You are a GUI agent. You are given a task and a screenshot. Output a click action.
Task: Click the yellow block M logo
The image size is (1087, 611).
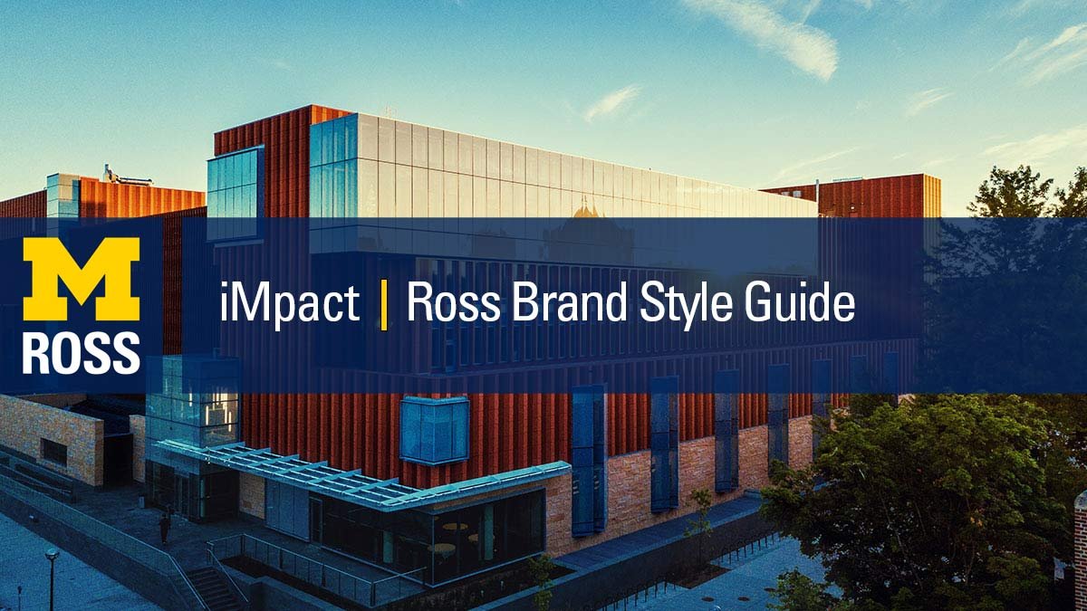[82, 279]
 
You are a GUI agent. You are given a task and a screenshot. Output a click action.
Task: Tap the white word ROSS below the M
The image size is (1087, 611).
[82, 353]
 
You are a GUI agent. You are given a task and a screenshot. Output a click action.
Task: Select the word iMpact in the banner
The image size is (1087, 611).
[290, 304]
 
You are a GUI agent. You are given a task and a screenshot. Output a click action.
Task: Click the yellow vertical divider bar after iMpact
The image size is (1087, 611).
[384, 305]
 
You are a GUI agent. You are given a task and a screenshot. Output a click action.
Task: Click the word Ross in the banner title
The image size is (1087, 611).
[454, 302]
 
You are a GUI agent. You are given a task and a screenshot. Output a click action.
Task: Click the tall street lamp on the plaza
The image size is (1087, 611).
[51, 578]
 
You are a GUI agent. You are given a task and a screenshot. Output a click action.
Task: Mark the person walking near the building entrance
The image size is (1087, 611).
[165, 528]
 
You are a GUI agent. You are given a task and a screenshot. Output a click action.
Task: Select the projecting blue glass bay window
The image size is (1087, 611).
[434, 430]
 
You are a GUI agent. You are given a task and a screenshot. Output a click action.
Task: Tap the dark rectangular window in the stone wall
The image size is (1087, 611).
[53, 452]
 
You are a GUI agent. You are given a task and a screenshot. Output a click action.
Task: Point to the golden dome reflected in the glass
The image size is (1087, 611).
[586, 209]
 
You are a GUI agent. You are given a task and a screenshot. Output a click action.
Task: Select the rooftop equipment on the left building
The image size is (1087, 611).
[127, 177]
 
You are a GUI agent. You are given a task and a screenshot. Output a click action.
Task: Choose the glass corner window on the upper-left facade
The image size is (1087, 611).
[236, 193]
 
